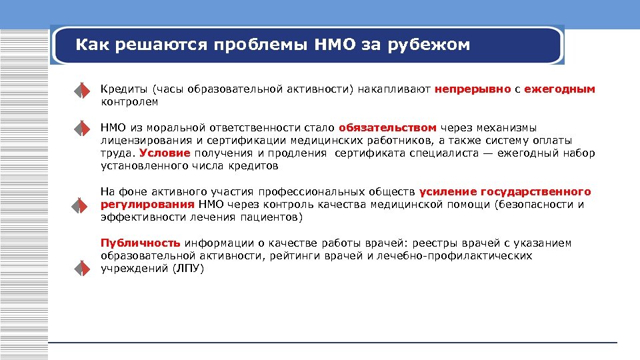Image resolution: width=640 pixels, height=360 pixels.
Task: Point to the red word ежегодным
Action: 559,89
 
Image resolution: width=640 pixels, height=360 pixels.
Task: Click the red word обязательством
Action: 387,127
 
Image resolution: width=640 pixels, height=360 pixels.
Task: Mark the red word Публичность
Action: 141,243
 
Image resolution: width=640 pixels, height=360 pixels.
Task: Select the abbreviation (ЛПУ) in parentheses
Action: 188,269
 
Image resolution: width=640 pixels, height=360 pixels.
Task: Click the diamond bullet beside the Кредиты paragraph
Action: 81,90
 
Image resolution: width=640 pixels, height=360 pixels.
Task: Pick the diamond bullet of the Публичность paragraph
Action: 81,269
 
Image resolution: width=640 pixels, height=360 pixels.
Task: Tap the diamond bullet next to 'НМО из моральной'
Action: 81,127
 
